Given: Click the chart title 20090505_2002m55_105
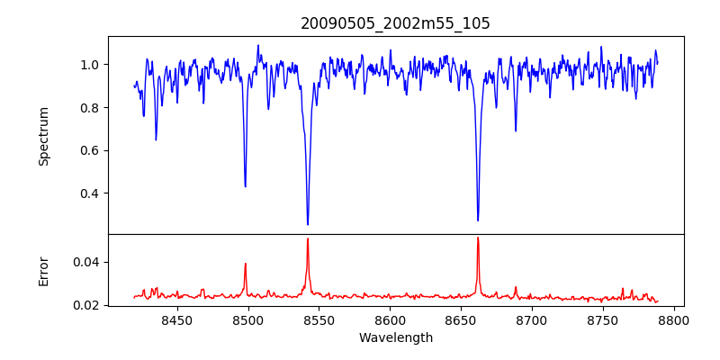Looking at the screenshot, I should pos(395,23).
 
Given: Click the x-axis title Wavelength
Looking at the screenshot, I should pos(395,337).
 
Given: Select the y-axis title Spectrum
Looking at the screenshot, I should pos(43,136).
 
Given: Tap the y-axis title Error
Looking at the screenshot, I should pos(43,270).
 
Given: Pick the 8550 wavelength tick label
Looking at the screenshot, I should pos(319,319).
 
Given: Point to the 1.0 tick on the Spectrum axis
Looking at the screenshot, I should pos(91,65).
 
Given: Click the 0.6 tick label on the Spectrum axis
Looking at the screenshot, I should pos(91,150).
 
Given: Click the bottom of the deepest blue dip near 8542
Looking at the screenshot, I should pos(308,224).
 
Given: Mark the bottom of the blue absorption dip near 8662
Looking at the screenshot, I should pos(478,220).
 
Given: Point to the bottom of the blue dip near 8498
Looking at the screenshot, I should pos(246,186).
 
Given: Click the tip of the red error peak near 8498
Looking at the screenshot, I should pos(246,264).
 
